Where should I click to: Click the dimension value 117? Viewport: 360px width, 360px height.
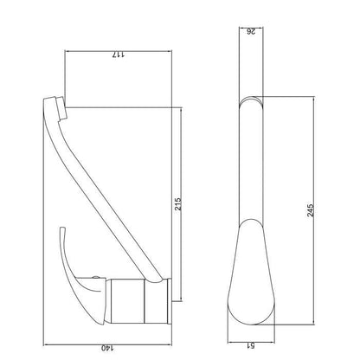click(x=119, y=55)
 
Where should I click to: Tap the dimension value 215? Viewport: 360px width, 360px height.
click(x=177, y=204)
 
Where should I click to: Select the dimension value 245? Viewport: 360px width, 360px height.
click(x=310, y=210)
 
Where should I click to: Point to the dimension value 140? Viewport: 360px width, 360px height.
click(x=107, y=348)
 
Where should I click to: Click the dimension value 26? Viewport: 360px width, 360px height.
click(x=251, y=31)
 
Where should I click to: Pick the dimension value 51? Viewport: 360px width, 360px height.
click(x=251, y=345)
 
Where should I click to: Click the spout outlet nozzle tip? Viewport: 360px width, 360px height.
click(x=61, y=108)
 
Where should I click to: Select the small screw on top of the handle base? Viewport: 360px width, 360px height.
click(x=95, y=278)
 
